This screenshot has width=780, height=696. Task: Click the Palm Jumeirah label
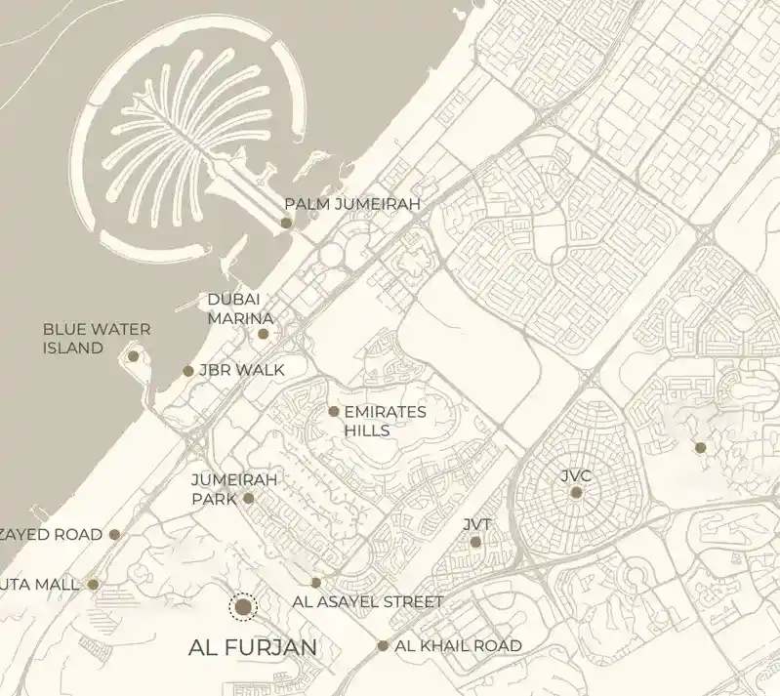pyautogui.click(x=351, y=204)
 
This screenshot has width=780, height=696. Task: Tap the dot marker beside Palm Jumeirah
pyautogui.click(x=286, y=223)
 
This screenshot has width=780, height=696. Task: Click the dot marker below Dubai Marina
pyautogui.click(x=263, y=334)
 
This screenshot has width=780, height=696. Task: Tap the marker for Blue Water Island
pyautogui.click(x=133, y=356)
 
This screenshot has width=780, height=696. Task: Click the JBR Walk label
pyautogui.click(x=241, y=370)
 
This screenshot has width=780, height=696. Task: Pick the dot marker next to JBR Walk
pyautogui.click(x=188, y=371)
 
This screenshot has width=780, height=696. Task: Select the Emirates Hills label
pyautogui.click(x=385, y=421)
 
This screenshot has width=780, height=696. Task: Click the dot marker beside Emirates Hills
pyautogui.click(x=334, y=412)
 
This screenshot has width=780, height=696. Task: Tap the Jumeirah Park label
pyautogui.click(x=234, y=488)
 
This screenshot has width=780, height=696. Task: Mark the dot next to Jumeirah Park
pyautogui.click(x=248, y=499)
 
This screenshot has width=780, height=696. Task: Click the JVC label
pyautogui.click(x=576, y=475)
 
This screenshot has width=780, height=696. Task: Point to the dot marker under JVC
pyautogui.click(x=576, y=493)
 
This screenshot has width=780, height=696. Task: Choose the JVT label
pyautogui.click(x=478, y=524)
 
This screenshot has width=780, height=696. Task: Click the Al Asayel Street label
pyautogui.click(x=368, y=602)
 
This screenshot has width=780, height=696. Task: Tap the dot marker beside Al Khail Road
pyautogui.click(x=383, y=645)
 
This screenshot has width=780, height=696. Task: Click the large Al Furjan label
pyautogui.click(x=253, y=647)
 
